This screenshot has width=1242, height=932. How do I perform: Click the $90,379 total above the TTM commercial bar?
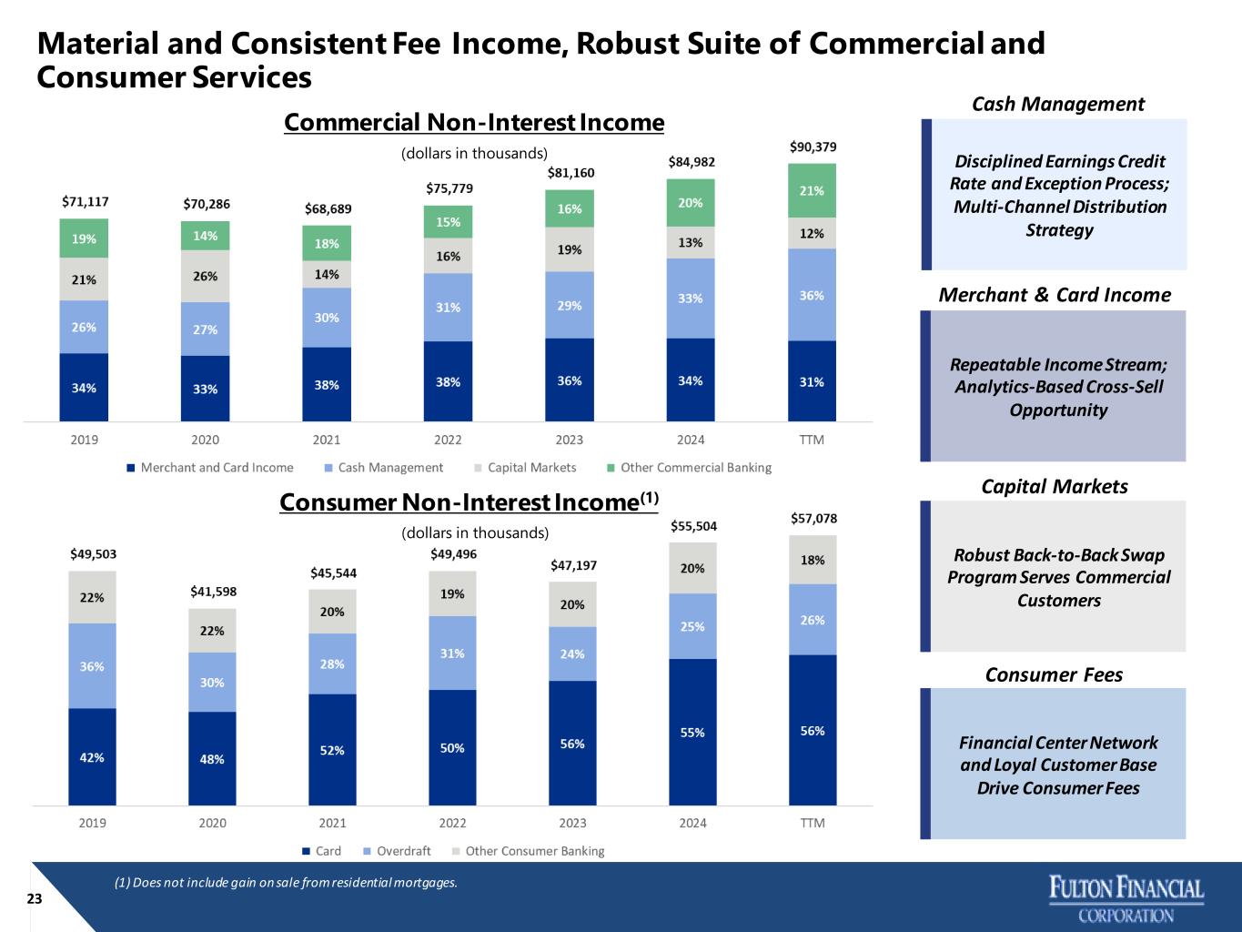click(x=812, y=147)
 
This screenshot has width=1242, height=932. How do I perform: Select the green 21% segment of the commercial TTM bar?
click(x=812, y=190)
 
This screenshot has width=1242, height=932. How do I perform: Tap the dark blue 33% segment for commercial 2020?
click(x=205, y=389)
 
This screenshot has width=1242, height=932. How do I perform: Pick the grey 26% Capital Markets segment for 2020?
click(x=205, y=276)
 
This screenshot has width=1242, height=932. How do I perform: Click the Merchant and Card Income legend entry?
click(x=210, y=468)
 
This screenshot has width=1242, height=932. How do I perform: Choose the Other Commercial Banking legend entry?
click(x=689, y=468)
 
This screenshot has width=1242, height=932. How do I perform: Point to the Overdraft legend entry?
click(x=397, y=851)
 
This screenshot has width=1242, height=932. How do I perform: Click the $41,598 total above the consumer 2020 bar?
click(x=213, y=592)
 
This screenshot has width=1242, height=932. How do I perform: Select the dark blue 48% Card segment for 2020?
click(x=212, y=758)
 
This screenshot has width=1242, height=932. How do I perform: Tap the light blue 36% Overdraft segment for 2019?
click(x=92, y=666)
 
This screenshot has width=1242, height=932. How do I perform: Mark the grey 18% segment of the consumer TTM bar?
click(x=813, y=560)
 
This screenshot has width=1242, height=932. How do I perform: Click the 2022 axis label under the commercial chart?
click(x=448, y=441)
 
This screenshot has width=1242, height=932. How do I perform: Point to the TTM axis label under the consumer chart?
click(x=813, y=824)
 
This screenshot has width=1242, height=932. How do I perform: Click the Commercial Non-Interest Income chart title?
click(x=474, y=123)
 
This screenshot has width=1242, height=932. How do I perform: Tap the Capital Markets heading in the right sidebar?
click(x=1054, y=487)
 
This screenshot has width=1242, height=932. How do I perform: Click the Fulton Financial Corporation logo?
click(x=1126, y=898)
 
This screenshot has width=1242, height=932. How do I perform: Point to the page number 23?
click(x=35, y=899)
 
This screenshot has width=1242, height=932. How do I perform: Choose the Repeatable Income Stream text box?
click(x=1057, y=387)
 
